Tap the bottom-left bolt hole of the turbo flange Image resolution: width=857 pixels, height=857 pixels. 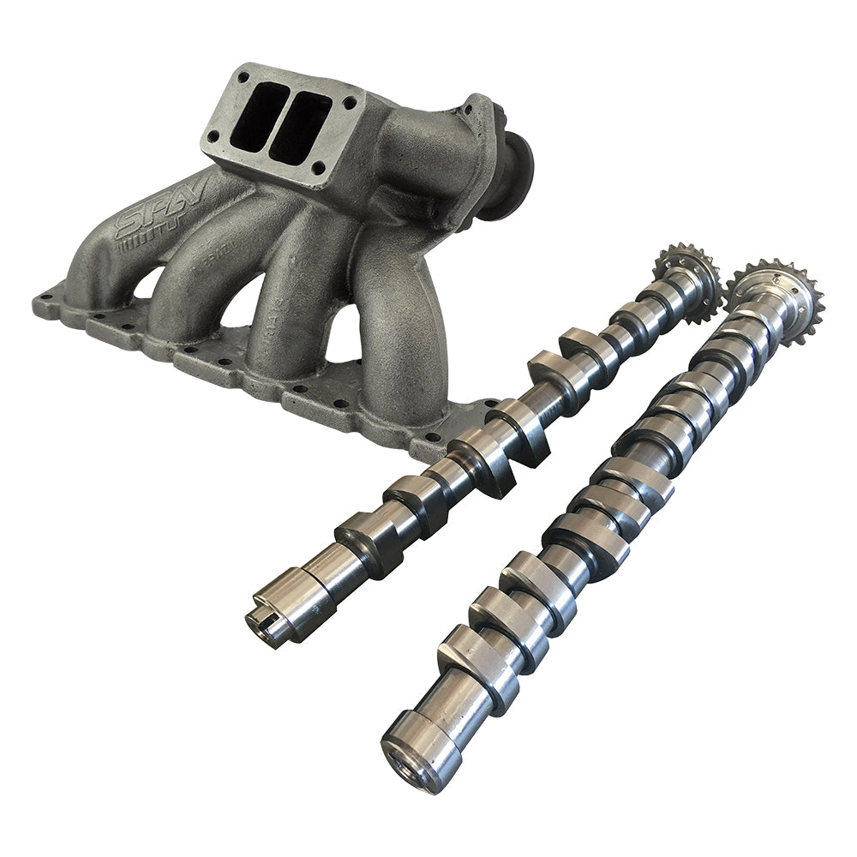[211, 137]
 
